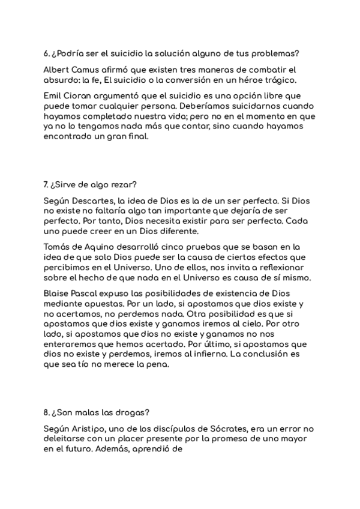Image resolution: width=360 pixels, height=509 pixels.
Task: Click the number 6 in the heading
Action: tap(46, 52)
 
